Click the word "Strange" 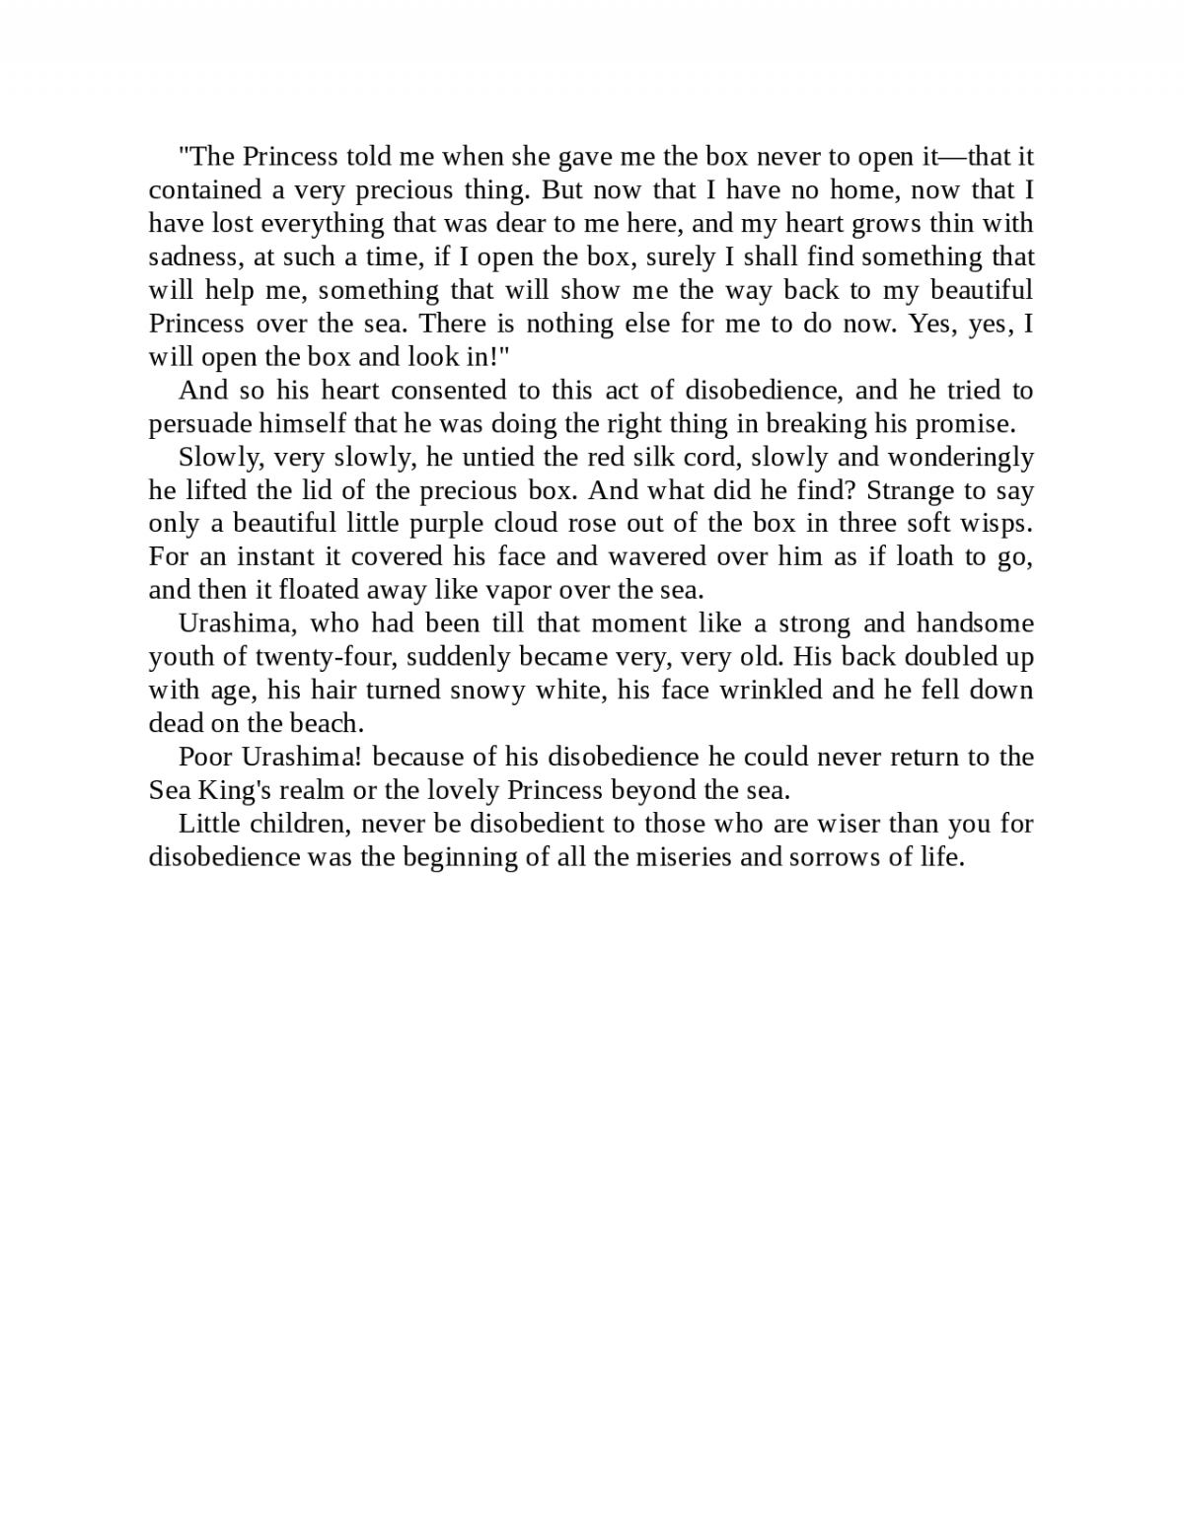(x=911, y=491)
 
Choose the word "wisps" (x=996, y=524)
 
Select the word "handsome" (x=975, y=624)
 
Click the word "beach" (x=326, y=724)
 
